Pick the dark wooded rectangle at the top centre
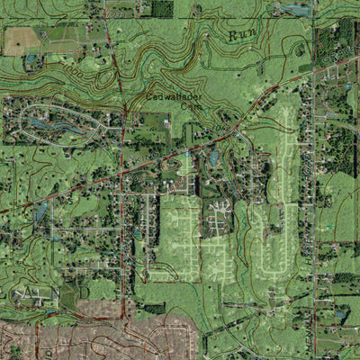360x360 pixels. pyautogui.click(x=162, y=9)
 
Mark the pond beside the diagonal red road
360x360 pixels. pyautogui.click(x=213, y=157)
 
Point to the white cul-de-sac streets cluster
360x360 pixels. pyautogui.click(x=220, y=216)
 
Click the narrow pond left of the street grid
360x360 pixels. pyautogui.click(x=40, y=212)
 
